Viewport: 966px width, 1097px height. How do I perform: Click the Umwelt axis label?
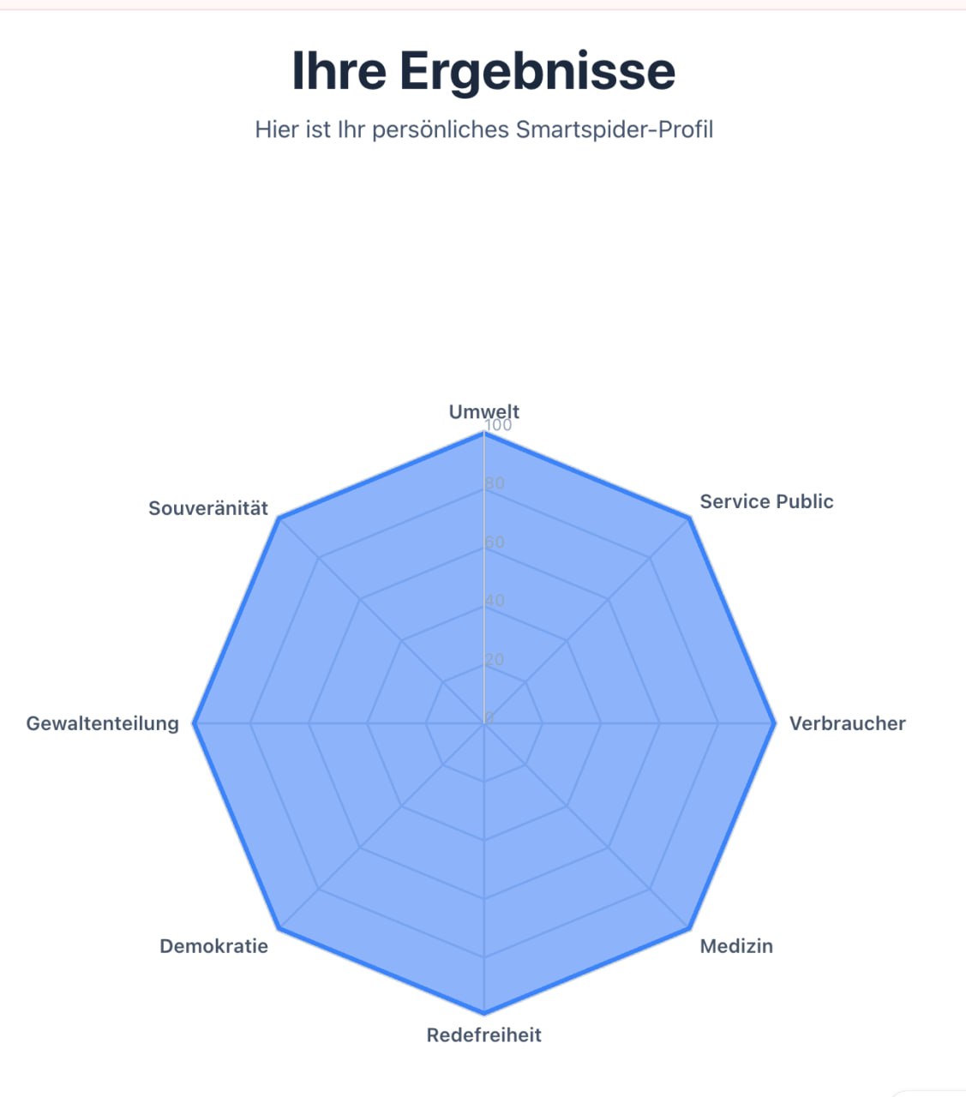click(483, 411)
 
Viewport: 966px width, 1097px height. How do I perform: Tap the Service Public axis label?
click(766, 501)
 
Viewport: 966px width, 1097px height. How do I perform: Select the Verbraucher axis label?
click(847, 723)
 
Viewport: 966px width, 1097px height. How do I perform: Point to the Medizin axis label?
click(736, 946)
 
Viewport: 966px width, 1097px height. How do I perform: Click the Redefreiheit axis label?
click(483, 1035)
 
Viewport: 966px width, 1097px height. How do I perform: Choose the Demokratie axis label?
click(213, 946)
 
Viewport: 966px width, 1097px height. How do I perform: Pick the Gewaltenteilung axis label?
click(103, 723)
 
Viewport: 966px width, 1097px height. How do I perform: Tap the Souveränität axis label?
click(208, 508)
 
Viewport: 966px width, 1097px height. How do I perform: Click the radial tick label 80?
click(495, 483)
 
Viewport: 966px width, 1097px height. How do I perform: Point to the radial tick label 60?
click(495, 542)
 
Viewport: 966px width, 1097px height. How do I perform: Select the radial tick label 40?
click(495, 601)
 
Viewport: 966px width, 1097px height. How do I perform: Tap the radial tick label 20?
click(494, 659)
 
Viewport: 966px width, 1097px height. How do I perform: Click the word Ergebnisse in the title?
click(537, 70)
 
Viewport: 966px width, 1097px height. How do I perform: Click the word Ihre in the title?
click(339, 70)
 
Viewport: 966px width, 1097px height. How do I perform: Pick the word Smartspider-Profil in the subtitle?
click(615, 129)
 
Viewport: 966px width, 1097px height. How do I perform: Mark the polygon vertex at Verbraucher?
click(775, 723)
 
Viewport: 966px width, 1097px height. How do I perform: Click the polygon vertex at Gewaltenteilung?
click(194, 723)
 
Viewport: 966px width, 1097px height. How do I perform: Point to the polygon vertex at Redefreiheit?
click(484, 1013)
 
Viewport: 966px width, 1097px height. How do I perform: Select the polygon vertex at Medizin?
click(689, 928)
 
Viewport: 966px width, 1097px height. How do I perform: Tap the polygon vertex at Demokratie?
click(279, 928)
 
